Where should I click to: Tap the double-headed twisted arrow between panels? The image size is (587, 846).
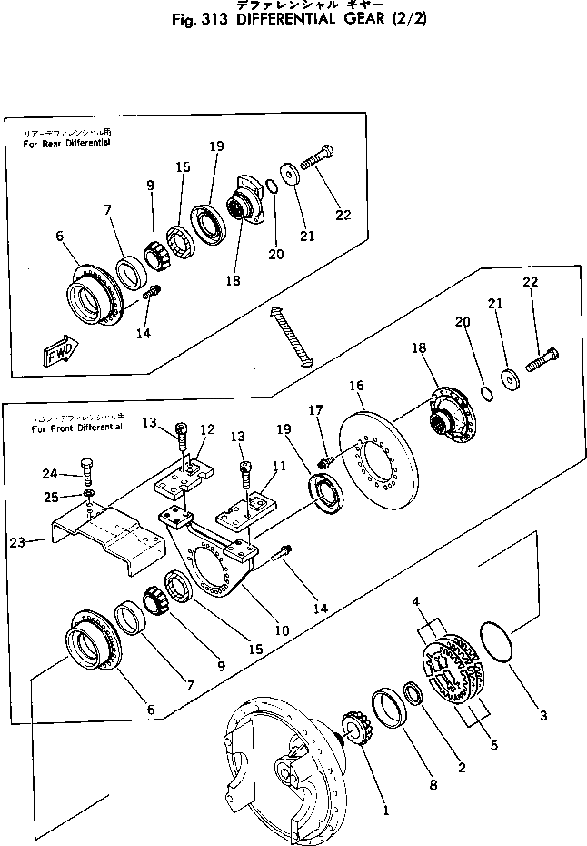(x=292, y=337)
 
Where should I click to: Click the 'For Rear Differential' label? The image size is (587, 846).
(x=67, y=143)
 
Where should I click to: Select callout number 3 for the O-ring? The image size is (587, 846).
(x=542, y=716)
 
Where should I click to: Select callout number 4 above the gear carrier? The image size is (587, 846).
(x=415, y=601)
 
